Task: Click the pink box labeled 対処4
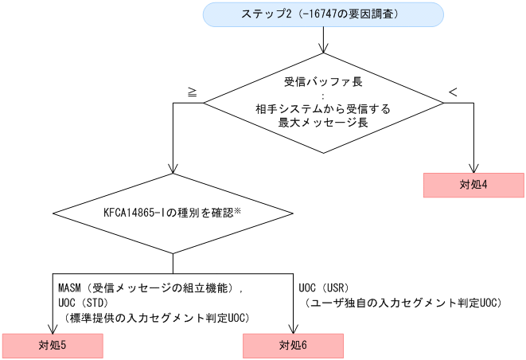point(473,184)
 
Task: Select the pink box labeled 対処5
point(53,346)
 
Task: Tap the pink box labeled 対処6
point(293,346)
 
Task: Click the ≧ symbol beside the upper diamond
point(192,92)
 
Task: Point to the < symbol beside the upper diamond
point(453,92)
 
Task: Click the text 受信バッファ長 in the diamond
point(323,82)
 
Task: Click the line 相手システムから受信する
point(323,109)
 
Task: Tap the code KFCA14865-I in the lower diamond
point(138,213)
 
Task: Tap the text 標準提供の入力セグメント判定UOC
point(159,317)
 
